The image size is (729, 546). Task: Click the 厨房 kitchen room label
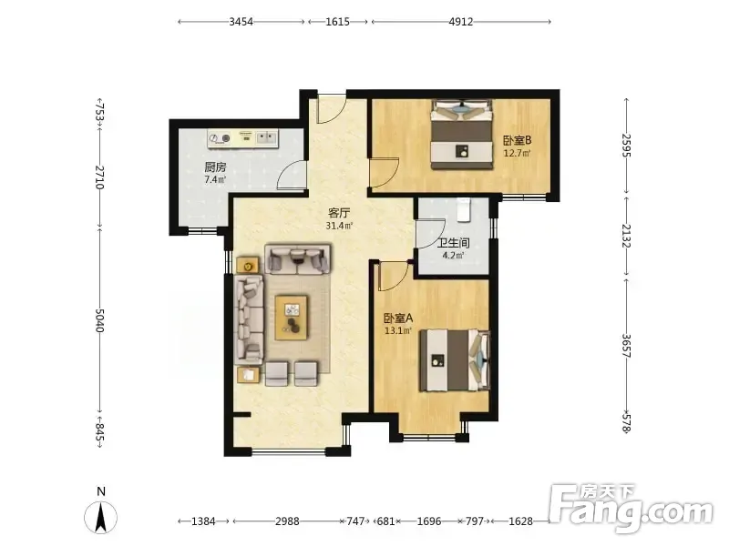coord(215,167)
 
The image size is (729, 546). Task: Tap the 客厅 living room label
coord(339,213)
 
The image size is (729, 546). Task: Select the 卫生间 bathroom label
coord(454,243)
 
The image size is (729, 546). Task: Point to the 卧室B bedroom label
coord(518,140)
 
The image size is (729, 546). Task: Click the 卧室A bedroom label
coord(398,318)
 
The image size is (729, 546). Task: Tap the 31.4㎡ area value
coord(339,226)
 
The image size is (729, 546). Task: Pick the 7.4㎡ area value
coord(215,179)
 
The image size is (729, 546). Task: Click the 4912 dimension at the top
coord(461,22)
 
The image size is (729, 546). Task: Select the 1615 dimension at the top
coord(337,22)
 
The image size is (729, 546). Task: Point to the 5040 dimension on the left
coord(99,320)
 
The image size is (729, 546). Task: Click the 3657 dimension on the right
coord(627,346)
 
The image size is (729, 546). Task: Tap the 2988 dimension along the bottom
coord(287,521)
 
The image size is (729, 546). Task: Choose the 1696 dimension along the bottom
coord(429,521)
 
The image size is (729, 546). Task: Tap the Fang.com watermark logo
coord(631,508)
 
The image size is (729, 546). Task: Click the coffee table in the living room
coord(291,318)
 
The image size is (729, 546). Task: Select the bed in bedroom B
coord(461,135)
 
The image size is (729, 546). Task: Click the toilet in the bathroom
coord(464,210)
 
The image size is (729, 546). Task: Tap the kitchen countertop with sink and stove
coord(242,138)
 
